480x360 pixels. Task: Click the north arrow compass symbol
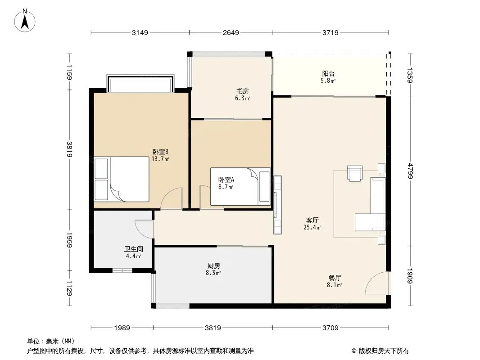click(x=25, y=21)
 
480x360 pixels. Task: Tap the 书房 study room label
click(x=242, y=91)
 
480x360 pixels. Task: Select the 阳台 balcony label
click(x=328, y=73)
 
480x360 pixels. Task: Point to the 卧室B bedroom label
click(x=160, y=152)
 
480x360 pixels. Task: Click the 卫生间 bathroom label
click(x=133, y=249)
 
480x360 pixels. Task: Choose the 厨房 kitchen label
click(x=213, y=266)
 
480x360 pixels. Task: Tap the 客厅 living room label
click(x=312, y=220)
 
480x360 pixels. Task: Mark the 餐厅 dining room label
click(x=335, y=278)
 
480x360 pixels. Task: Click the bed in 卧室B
click(x=122, y=179)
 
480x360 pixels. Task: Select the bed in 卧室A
click(x=240, y=186)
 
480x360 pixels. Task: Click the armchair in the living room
click(x=355, y=173)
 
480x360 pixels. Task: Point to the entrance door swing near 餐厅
click(x=377, y=283)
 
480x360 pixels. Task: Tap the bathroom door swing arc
click(x=144, y=229)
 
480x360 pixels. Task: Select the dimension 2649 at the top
click(x=231, y=32)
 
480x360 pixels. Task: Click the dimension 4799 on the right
click(x=410, y=171)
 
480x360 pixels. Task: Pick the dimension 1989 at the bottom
click(x=122, y=328)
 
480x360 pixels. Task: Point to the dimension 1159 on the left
click(x=69, y=72)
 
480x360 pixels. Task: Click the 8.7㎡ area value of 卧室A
click(x=226, y=187)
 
